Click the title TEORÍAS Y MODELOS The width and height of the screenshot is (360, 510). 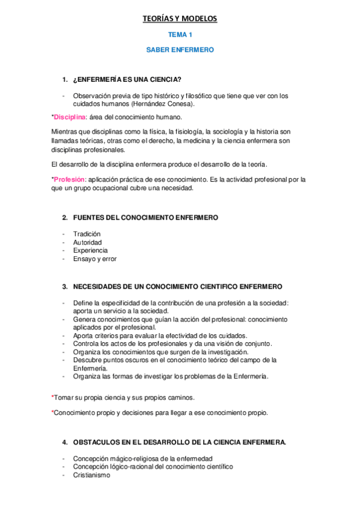[180, 19]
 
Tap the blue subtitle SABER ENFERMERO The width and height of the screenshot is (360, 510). [180, 51]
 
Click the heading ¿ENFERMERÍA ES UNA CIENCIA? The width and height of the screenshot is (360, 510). [127, 80]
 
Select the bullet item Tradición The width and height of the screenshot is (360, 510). [87, 233]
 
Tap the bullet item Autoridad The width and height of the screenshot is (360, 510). [88, 242]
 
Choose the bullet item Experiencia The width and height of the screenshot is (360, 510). [90, 250]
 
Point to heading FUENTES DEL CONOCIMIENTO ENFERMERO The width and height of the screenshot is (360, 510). [145, 217]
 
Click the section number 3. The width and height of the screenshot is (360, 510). [64, 287]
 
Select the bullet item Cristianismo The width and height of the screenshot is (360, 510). [91, 475]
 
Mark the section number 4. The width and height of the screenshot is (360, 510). [64, 442]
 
